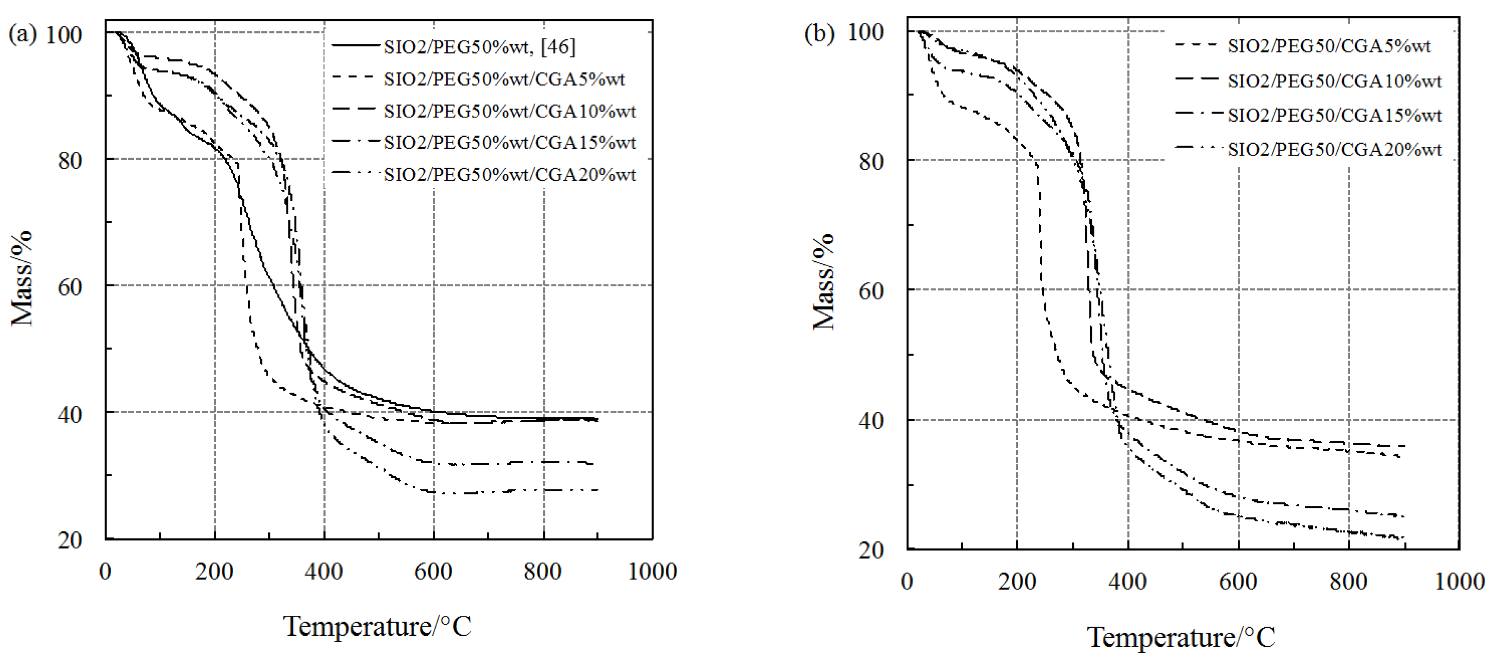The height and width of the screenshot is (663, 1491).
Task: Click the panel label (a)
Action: point(22,35)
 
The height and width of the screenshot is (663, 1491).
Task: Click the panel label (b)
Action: point(819,33)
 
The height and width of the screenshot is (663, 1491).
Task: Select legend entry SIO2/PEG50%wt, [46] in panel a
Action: point(479,46)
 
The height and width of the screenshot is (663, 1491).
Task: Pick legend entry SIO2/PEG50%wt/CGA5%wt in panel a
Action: point(504,79)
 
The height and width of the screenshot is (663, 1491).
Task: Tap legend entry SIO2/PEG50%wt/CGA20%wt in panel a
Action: point(509,174)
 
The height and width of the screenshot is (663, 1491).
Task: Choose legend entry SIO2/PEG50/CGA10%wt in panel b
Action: point(1334,81)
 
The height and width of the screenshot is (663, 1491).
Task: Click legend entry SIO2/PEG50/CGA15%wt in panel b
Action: point(1334,115)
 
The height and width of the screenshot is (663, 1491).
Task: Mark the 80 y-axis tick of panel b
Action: point(871,161)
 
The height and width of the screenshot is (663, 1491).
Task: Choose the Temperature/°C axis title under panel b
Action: point(1181,637)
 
